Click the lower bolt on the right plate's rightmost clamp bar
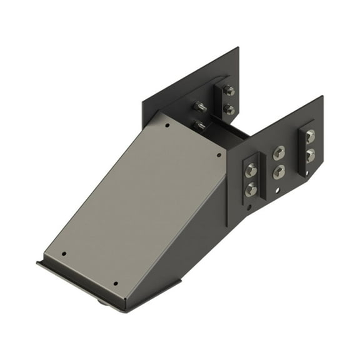[x=310, y=154]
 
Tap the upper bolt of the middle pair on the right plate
[x=279, y=152]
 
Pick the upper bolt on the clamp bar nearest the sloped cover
[x=251, y=169]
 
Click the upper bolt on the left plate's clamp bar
[x=228, y=92]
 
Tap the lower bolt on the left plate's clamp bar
[x=229, y=110]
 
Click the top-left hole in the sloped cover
[x=167, y=125]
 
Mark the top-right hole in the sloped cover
[x=218, y=154]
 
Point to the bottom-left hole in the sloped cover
[x=64, y=254]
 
